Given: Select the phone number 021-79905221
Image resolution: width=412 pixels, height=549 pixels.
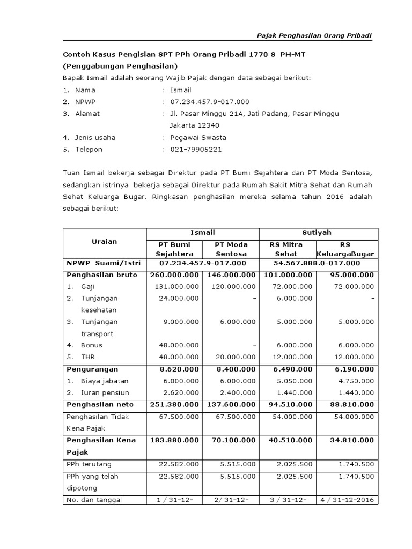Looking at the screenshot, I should (x=196, y=149).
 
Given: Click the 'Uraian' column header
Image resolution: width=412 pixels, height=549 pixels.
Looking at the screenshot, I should (x=105, y=241).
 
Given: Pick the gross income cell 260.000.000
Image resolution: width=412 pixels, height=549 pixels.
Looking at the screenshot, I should (x=176, y=274).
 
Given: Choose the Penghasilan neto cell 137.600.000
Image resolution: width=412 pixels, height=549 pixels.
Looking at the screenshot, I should (x=231, y=404).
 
